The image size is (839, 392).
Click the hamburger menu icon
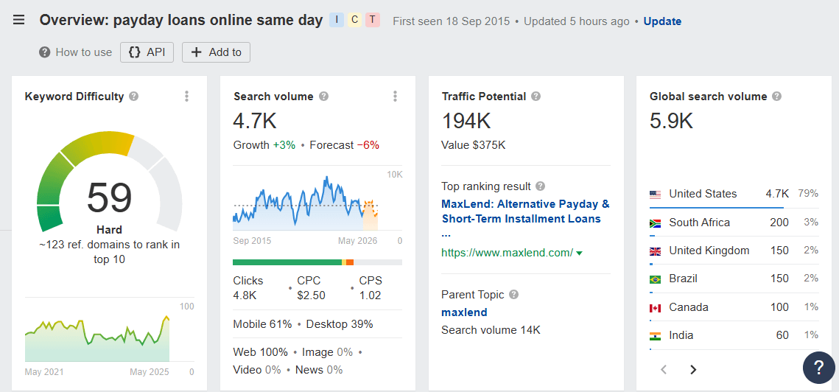pos(19,20)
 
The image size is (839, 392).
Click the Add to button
pos(217,52)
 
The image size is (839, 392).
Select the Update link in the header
pos(662,21)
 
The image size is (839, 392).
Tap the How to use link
pos(76,52)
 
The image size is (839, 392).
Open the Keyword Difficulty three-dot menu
pos(187,97)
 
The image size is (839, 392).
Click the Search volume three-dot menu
pos(396,97)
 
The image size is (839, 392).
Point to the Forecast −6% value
pos(368,145)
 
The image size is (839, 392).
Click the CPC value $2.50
pos(311,295)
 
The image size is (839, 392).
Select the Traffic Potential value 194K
pos(466,122)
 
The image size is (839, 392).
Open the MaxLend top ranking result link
pos(525,211)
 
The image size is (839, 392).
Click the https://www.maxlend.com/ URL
pos(508,253)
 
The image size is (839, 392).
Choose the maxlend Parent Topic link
pos(464,312)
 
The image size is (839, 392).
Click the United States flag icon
pos(655,195)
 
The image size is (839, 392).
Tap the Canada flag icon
pos(655,307)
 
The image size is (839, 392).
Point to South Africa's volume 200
pos(779,223)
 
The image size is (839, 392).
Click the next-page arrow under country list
pos(693,370)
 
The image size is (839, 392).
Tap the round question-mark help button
pos(818,367)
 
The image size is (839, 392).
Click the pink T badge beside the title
pos(373,20)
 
